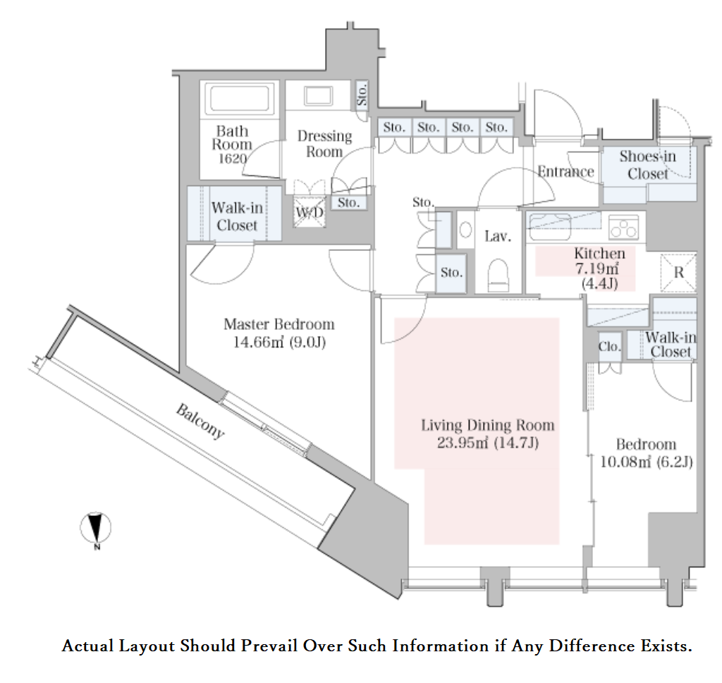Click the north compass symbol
(x=96, y=527)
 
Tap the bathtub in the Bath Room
(x=239, y=97)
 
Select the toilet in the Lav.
(x=498, y=275)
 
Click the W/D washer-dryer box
(x=310, y=211)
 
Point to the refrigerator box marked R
(x=679, y=272)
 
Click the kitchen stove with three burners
(x=624, y=227)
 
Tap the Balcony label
(x=200, y=421)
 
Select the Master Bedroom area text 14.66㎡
(x=258, y=343)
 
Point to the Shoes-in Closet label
(x=648, y=165)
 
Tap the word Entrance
(x=566, y=172)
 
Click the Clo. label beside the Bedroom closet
(x=609, y=347)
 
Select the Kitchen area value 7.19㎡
(x=596, y=269)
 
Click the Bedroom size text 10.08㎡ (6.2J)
(x=646, y=462)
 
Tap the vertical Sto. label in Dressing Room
(x=362, y=94)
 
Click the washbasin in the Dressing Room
(x=318, y=96)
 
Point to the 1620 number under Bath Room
(x=232, y=159)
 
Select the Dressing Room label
(x=324, y=144)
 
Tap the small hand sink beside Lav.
(x=465, y=230)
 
